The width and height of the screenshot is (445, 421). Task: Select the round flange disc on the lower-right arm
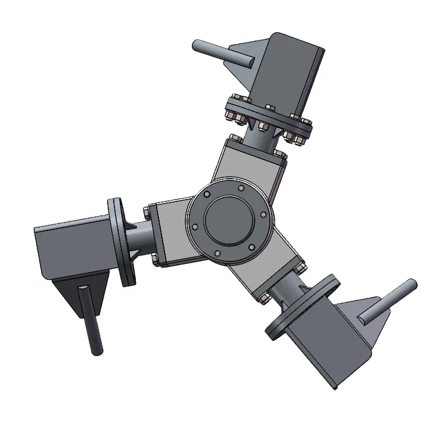click(x=301, y=307)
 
